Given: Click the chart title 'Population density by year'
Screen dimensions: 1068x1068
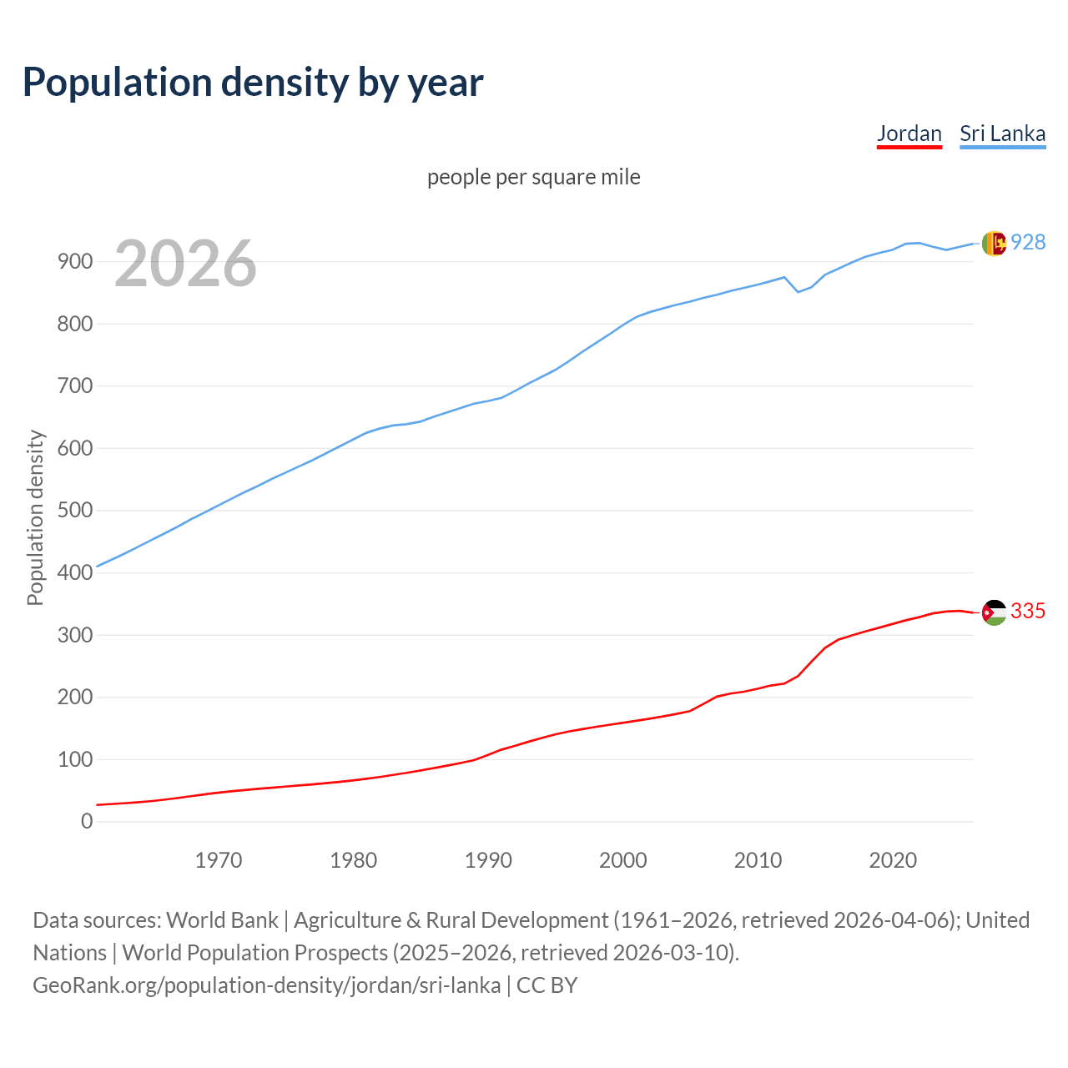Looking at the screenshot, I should click(253, 82).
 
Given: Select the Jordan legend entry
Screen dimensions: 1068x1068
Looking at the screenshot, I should click(909, 133).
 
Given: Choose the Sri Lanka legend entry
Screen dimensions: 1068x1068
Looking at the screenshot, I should click(1002, 133).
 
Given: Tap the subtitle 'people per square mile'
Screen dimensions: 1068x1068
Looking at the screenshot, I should click(533, 177).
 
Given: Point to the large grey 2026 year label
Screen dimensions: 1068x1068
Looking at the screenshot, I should click(185, 264).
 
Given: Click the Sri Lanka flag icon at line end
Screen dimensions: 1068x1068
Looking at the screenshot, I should click(993, 243).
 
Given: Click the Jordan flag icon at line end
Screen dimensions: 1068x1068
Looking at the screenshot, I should click(993, 612).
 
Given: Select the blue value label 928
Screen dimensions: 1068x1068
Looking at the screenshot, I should click(1028, 242).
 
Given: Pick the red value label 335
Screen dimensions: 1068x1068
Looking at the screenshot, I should click(1028, 612).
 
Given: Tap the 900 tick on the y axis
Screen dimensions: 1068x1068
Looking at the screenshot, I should click(74, 262).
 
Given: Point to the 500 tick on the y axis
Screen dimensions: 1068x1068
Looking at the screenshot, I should click(74, 511).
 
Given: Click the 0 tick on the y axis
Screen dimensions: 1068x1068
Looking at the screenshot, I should click(87, 822).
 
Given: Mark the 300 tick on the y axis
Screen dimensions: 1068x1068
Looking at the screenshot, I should click(74, 635).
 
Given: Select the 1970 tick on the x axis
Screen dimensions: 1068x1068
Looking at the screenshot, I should click(219, 860).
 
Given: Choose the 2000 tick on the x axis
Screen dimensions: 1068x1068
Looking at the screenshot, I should click(623, 860).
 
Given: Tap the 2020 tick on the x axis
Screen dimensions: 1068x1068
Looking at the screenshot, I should click(893, 860).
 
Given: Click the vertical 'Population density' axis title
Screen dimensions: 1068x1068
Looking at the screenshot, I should click(35, 517).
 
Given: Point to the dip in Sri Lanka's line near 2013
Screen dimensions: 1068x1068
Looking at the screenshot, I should click(798, 291).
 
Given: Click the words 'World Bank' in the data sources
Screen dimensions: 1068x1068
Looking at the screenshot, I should click(222, 920).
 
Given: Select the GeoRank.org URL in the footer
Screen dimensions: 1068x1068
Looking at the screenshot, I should click(267, 985).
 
